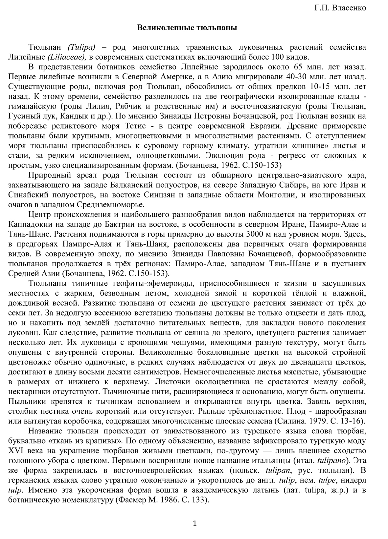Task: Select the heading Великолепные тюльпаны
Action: pyautogui.click(x=187, y=28)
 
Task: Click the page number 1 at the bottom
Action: pyautogui.click(x=194, y=523)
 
